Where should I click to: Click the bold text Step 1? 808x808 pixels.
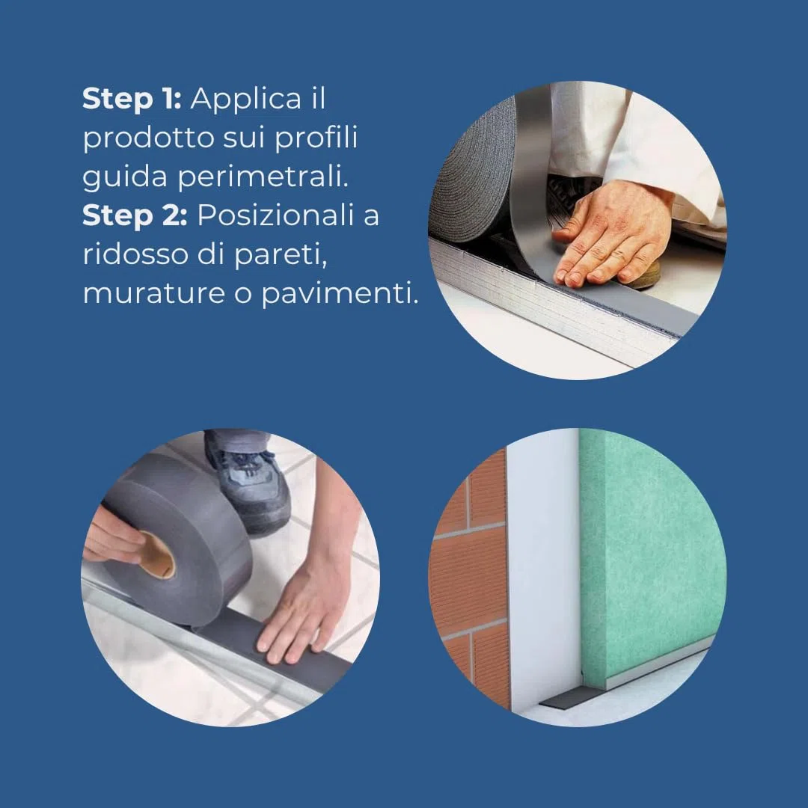click(x=132, y=99)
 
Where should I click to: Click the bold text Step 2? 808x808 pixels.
click(x=135, y=215)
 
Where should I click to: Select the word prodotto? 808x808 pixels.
click(x=148, y=139)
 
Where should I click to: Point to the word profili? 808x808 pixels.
click(x=316, y=139)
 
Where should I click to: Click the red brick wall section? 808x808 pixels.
click(x=469, y=578)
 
